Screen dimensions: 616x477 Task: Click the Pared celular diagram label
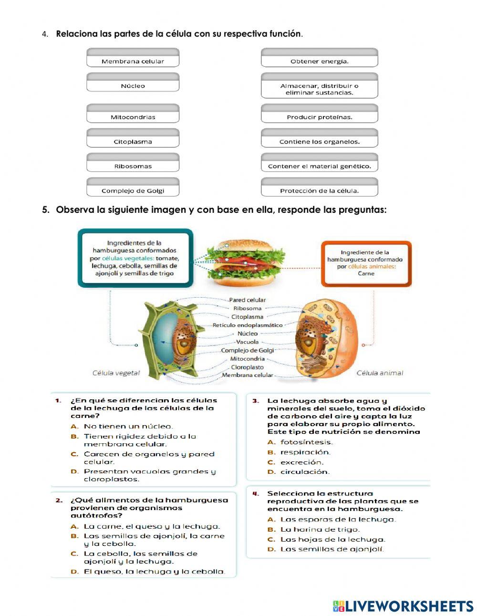click(x=247, y=300)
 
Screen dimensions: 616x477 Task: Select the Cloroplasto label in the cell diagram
click(x=247, y=367)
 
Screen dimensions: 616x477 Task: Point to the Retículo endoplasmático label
click(x=247, y=325)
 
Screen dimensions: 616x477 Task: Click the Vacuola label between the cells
click(x=247, y=342)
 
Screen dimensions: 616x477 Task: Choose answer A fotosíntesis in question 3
click(x=306, y=442)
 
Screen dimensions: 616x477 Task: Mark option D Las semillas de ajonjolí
click(x=332, y=549)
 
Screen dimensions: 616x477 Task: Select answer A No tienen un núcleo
click(x=128, y=426)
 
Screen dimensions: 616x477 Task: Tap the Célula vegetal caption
click(x=116, y=373)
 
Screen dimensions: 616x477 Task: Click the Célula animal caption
click(x=380, y=373)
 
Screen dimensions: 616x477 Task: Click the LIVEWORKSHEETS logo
click(x=403, y=606)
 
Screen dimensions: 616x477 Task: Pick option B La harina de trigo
click(x=320, y=529)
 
